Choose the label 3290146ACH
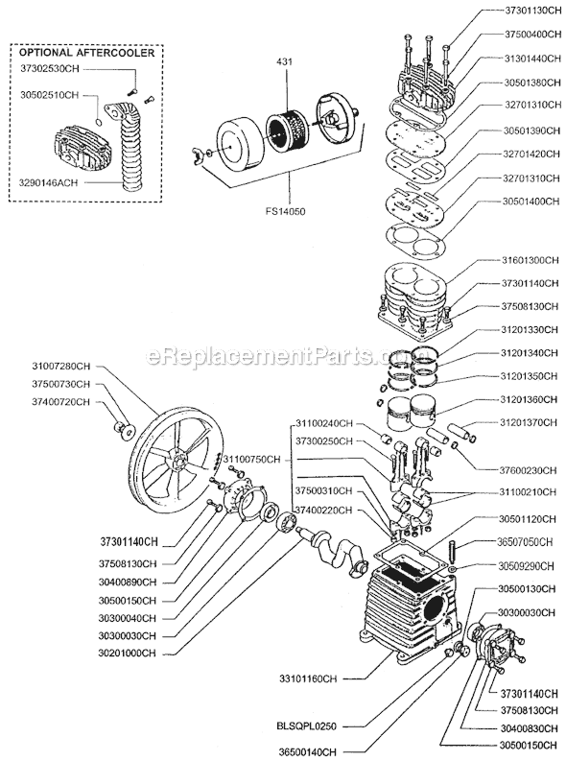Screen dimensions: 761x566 tap(49, 179)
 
